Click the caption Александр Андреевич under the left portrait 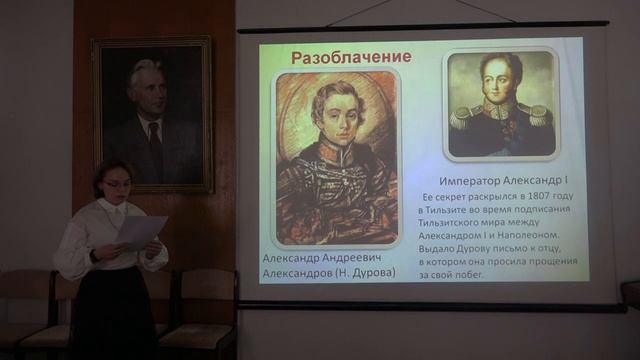(323, 256)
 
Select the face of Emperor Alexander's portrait (500, 80)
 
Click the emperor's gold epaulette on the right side (540, 117)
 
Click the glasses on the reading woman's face (116, 184)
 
